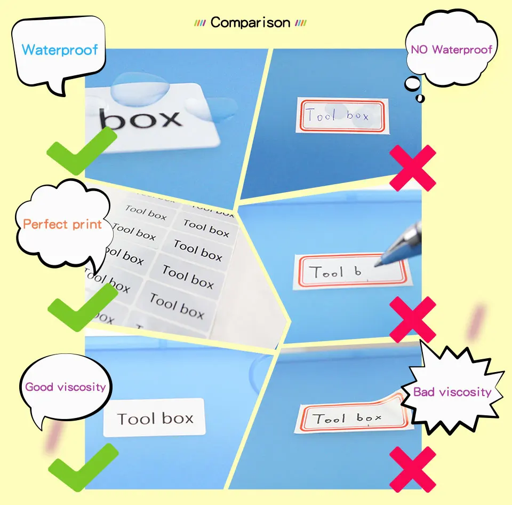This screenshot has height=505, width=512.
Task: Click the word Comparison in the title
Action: tap(250, 23)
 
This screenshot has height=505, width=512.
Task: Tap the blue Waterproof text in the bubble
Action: tap(60, 50)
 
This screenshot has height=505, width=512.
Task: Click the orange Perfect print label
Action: tap(62, 224)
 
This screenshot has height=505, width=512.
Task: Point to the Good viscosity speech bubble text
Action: tap(66, 386)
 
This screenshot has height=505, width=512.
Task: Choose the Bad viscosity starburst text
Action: tap(452, 392)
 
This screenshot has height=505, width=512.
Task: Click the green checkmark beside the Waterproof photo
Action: tap(80, 150)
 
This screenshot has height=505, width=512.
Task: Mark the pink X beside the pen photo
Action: tap(412, 319)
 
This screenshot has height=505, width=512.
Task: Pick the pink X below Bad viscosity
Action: tap(412, 469)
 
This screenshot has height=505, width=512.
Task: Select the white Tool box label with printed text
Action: tap(154, 417)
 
